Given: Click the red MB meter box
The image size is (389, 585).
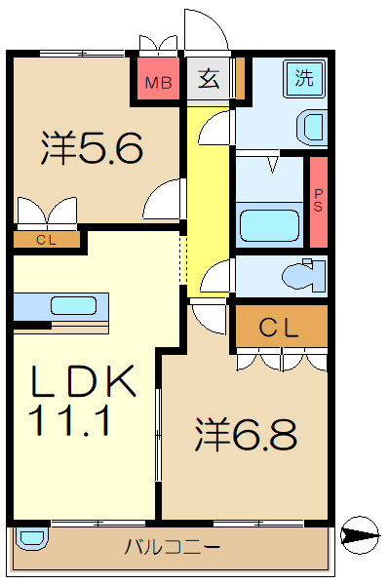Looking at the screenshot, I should pos(157,81).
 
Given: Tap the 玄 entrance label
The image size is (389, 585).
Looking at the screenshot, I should pos(210,80).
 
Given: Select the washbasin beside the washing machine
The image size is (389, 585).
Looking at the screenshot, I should pos(313,127).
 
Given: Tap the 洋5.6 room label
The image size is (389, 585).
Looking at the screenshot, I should pos(92,148).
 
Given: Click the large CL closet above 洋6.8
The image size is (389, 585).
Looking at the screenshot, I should pos(279,328).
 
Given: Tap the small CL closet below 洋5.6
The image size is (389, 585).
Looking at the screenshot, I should pos(46,239).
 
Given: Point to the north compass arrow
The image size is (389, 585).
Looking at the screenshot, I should pos(360,533).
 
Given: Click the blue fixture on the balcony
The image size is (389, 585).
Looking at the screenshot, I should pos(30,537).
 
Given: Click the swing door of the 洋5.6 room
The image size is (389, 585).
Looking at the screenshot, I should pos(164,200).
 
